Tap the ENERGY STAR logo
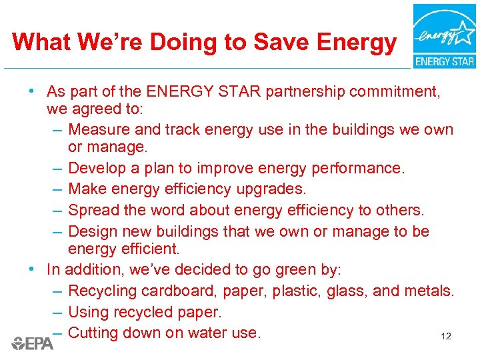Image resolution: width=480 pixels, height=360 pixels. coord(444,36)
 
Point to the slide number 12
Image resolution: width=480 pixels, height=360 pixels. coord(446,337)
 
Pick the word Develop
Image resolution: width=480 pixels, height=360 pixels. coord(97,168)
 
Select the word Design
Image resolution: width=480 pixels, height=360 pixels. coord(93,231)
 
